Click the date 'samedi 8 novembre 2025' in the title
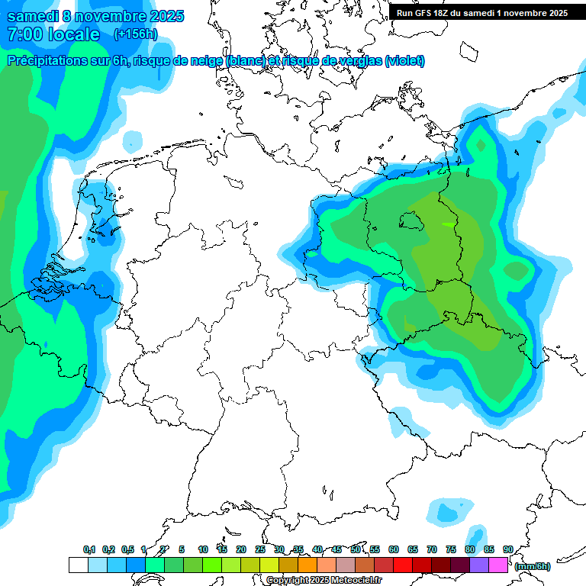[x=95, y=16]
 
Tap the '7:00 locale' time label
[x=53, y=34]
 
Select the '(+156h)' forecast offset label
[x=137, y=34]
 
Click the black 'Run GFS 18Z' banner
[x=481, y=12]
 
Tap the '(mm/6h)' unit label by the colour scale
[x=533, y=566]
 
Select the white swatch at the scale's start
[x=78, y=565]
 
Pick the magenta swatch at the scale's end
[x=498, y=565]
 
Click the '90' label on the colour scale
[x=508, y=549]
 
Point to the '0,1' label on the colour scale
[x=89, y=549]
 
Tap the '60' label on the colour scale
[x=394, y=549]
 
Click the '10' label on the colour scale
[x=203, y=549]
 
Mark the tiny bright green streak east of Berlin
[x=446, y=224]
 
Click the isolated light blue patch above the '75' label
[x=446, y=512]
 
